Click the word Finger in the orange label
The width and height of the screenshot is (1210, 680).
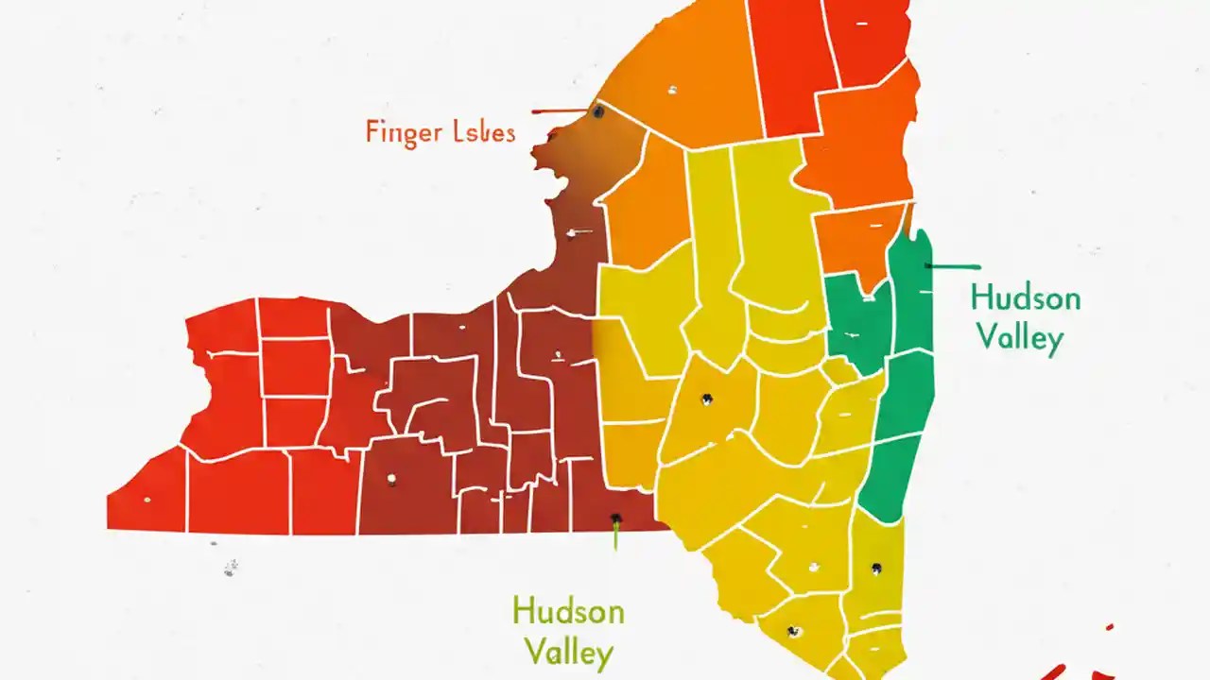402,132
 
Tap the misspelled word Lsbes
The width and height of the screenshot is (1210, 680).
479,131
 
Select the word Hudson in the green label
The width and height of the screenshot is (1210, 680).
1026,298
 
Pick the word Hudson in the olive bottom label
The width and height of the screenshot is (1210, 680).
568,612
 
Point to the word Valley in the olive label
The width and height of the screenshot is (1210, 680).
568,653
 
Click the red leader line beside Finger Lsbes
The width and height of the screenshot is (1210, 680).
560,111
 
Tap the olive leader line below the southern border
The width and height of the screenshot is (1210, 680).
615,536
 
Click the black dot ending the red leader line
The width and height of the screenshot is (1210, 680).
597,111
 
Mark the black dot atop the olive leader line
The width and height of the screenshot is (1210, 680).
615,518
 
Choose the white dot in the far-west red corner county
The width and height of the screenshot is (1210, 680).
147,499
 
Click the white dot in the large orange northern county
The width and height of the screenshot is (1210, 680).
672,91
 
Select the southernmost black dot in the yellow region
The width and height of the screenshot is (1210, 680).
793,631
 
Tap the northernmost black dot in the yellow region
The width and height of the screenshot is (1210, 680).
705,399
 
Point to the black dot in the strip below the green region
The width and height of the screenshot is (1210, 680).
876,569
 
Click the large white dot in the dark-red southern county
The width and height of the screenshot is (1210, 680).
391,480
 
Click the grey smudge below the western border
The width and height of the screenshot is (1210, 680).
230,568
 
